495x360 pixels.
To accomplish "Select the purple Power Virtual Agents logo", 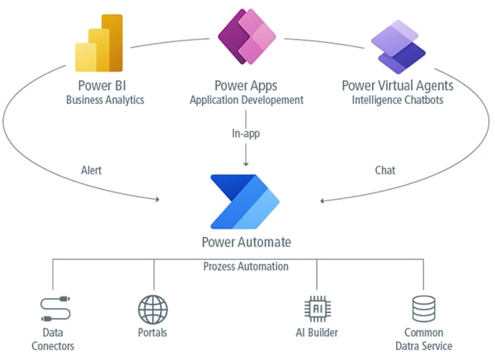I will (x=397, y=46).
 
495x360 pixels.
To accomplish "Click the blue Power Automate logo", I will (x=245, y=201).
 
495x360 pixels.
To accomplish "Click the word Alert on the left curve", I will (x=92, y=171).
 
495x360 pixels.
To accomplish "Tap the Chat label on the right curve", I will (x=384, y=171).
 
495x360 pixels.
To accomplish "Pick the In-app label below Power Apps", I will (x=246, y=132).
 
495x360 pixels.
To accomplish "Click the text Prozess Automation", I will (x=246, y=267).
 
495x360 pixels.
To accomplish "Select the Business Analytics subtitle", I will (x=105, y=100).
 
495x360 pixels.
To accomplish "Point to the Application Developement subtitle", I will (x=246, y=100).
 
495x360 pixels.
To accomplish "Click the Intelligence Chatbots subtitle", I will (x=397, y=100).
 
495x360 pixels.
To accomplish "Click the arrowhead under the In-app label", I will (x=246, y=165).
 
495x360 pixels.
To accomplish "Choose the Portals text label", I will (x=153, y=333).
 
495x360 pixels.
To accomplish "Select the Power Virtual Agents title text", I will (x=397, y=85).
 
